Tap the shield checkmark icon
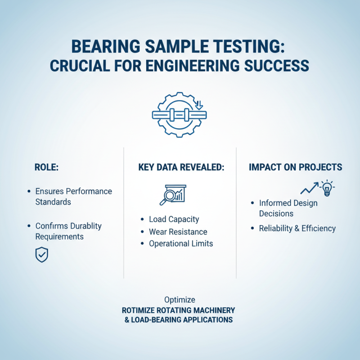[x=41, y=255]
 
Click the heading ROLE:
[x=47, y=167]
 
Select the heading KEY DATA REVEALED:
[x=181, y=167]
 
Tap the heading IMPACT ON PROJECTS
[x=295, y=167]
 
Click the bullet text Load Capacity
[x=174, y=220]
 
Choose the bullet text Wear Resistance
[x=178, y=232]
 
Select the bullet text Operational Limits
[x=180, y=243]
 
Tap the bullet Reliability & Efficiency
[x=297, y=228]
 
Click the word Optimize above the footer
[x=180, y=300]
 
